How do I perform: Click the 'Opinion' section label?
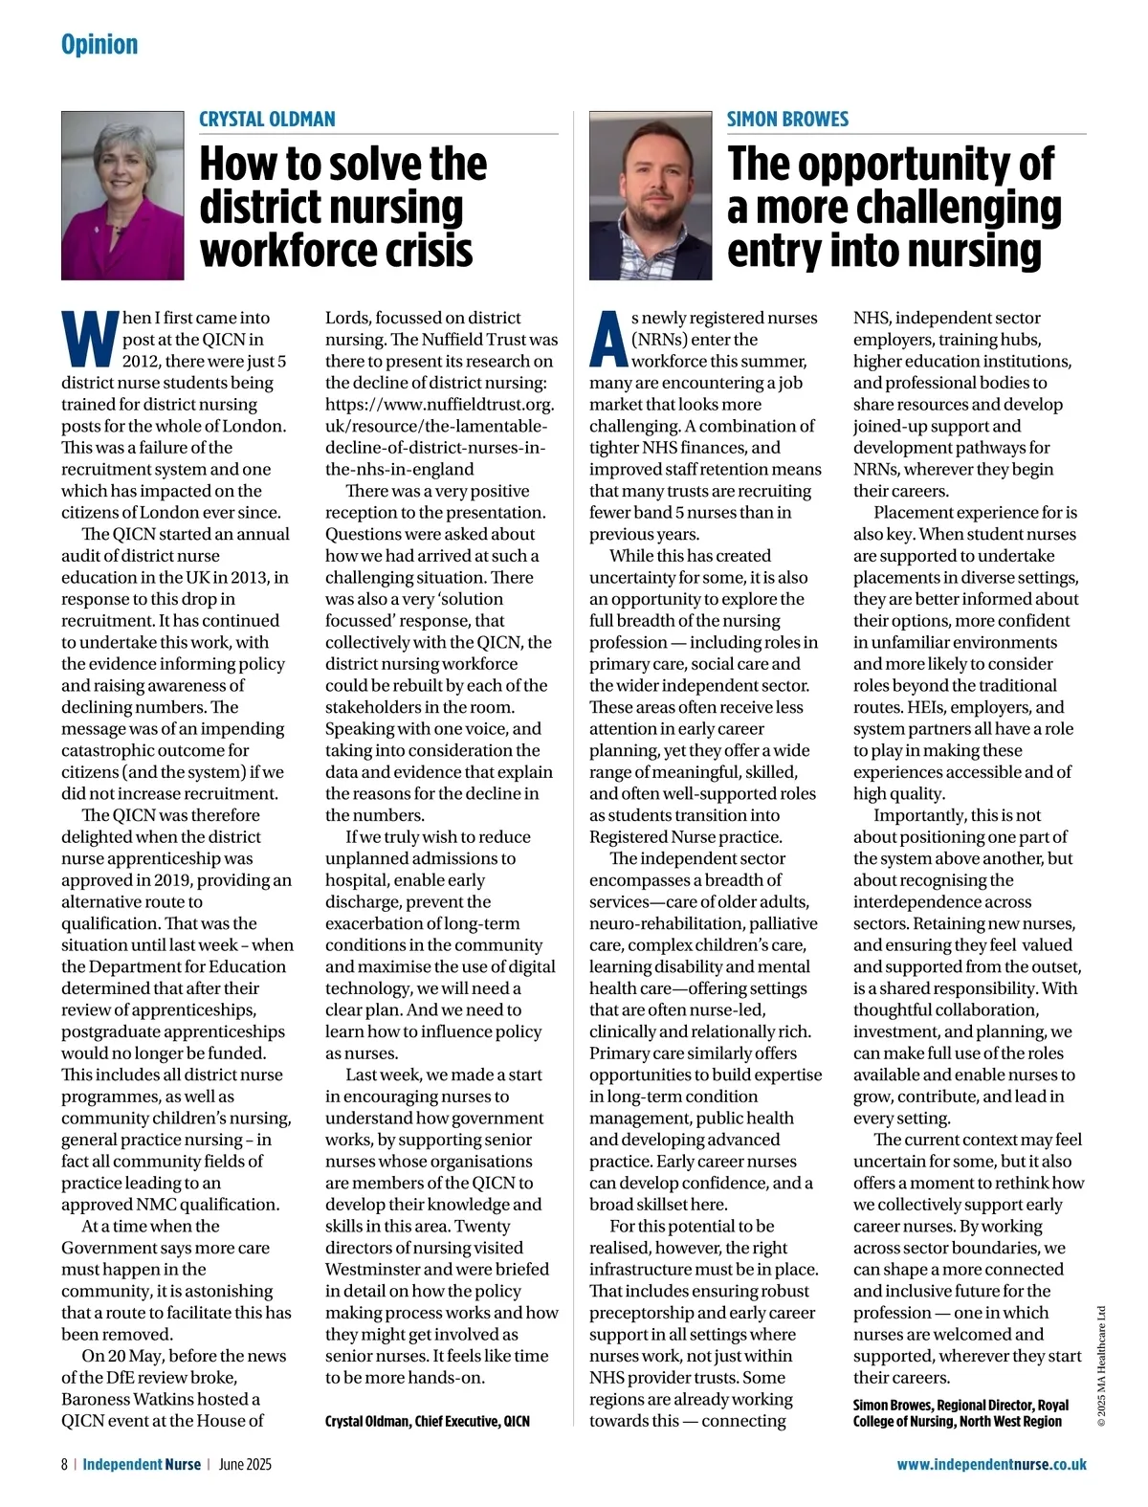click(x=99, y=45)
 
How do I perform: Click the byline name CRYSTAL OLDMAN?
click(x=267, y=120)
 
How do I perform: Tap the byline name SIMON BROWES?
click(x=787, y=120)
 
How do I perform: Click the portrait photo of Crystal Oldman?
click(x=122, y=195)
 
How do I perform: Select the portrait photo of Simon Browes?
click(x=651, y=195)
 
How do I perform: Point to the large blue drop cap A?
click(x=608, y=340)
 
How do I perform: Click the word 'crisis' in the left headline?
click(x=430, y=251)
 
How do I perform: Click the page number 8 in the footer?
click(x=65, y=1464)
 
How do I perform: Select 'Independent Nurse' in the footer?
click(x=142, y=1464)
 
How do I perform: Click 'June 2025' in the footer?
click(x=245, y=1464)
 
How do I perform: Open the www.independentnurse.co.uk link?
click(x=991, y=1464)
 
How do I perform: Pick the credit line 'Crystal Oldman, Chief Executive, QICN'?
click(x=427, y=1421)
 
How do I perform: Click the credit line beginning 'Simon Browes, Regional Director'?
click(x=960, y=1413)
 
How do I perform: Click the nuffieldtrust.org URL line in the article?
click(x=439, y=405)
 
